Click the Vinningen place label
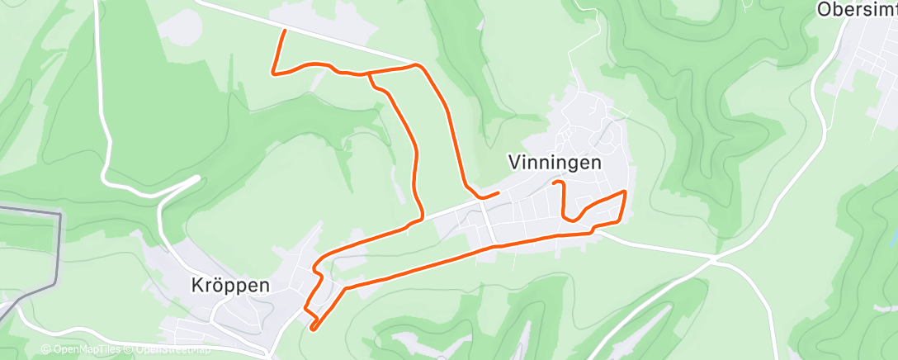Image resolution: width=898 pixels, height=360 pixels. [x=555, y=163]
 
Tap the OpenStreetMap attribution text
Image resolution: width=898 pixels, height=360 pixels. [x=170, y=350]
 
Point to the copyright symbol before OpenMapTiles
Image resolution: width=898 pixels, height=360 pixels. [x=45, y=350]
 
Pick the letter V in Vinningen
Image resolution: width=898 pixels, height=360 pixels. [x=514, y=163]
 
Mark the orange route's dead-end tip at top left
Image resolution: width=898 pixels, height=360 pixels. [x=285, y=31]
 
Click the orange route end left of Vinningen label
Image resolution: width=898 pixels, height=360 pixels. [x=498, y=193]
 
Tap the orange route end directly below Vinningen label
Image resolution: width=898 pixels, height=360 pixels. [x=555, y=181]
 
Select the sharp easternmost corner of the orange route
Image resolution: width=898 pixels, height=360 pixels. [x=625, y=192]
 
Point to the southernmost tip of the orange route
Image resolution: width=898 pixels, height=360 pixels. [x=312, y=329]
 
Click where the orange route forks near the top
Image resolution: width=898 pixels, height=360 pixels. [x=369, y=73]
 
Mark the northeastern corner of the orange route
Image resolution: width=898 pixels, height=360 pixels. [x=418, y=64]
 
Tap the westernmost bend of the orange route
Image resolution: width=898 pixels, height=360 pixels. [x=273, y=73]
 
